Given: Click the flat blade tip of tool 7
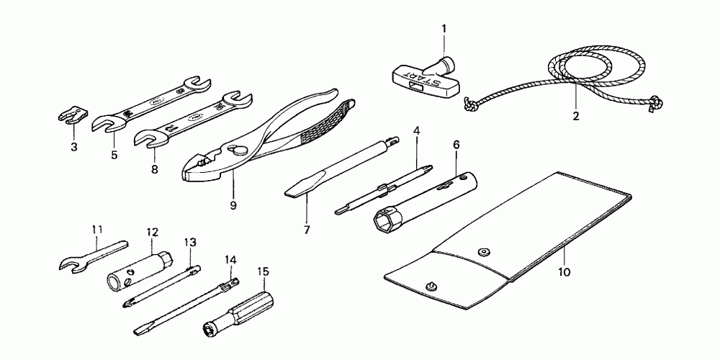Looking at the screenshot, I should pyautogui.click(x=294, y=192).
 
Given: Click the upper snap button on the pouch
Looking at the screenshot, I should pyautogui.click(x=481, y=251).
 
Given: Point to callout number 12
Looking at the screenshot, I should pyautogui.click(x=152, y=232).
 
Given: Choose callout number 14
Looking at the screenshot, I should pyautogui.click(x=230, y=258).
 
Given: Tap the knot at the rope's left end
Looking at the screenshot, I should pyautogui.click(x=469, y=104).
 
